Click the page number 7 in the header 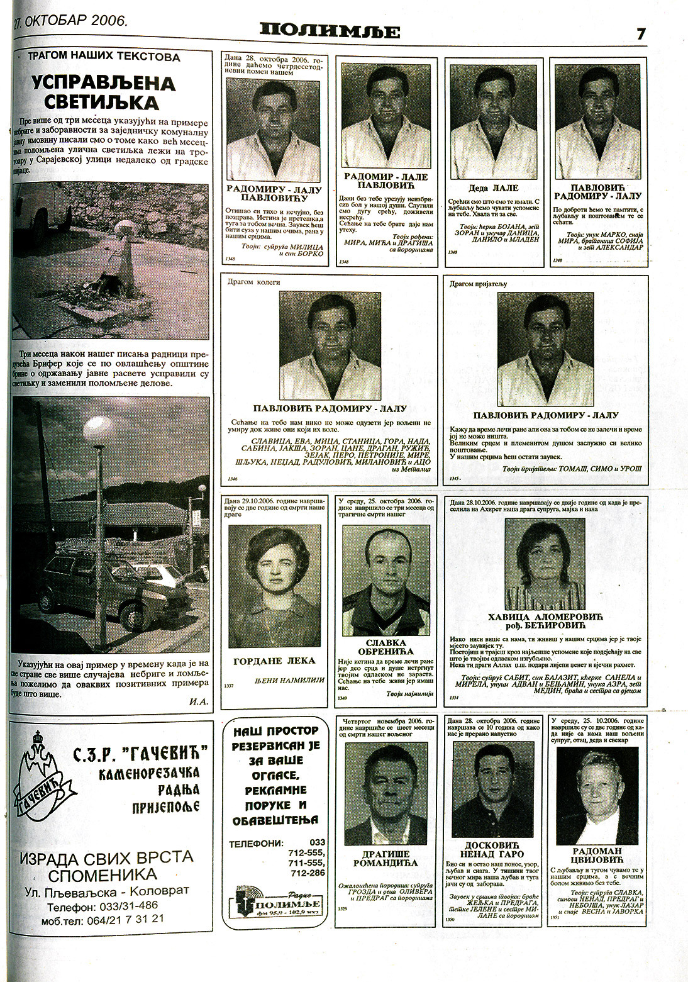point(641,34)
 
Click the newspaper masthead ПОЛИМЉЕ point(330,31)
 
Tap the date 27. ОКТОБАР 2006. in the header point(70,21)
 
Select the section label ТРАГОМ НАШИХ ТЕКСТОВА point(104,57)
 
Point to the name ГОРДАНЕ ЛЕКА point(274,661)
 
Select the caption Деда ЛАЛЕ point(494,187)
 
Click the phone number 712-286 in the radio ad point(308,873)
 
